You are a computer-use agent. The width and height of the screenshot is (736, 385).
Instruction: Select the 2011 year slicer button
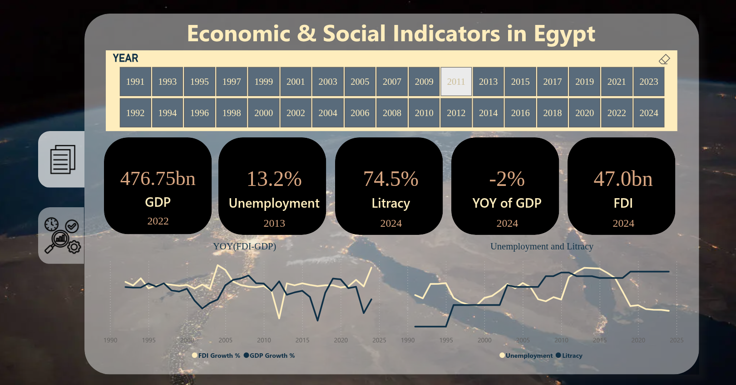pyautogui.click(x=456, y=82)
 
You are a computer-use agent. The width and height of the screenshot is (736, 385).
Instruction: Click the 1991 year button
pyautogui.click(x=135, y=82)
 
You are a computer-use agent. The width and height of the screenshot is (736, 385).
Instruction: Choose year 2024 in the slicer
pyautogui.click(x=648, y=113)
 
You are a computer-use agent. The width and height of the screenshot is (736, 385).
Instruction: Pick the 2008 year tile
pyautogui.click(x=392, y=113)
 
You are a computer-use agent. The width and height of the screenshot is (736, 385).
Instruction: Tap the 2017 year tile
pyautogui.click(x=552, y=82)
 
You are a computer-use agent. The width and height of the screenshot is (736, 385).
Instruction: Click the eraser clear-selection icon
pyautogui.click(x=664, y=59)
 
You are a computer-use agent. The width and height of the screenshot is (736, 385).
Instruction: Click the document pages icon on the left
pyautogui.click(x=63, y=159)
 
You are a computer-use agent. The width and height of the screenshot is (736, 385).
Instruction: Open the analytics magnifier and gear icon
pyautogui.click(x=62, y=235)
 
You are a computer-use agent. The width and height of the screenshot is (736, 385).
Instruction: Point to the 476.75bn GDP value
pyautogui.click(x=158, y=179)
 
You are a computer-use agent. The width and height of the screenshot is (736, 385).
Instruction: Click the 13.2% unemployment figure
pyautogui.click(x=274, y=179)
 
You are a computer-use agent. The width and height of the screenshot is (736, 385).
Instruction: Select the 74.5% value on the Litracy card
pyautogui.click(x=390, y=179)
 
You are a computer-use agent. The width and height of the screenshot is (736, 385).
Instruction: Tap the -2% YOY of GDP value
pyautogui.click(x=507, y=179)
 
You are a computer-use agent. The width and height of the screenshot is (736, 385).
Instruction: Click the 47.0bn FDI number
pyautogui.click(x=623, y=179)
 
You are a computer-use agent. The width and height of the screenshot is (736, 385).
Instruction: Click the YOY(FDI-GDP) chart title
pyautogui.click(x=244, y=246)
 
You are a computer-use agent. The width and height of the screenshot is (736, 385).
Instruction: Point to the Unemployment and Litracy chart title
pyautogui.click(x=542, y=246)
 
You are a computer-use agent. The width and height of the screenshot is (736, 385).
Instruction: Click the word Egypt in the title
pyautogui.click(x=564, y=34)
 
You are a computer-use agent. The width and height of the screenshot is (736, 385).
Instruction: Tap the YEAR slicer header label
pyautogui.click(x=125, y=58)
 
